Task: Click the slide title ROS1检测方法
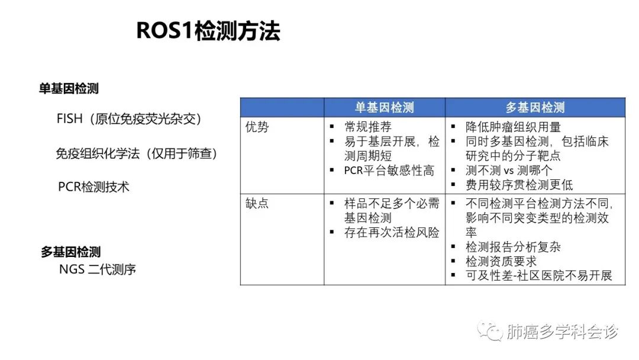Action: click(x=208, y=31)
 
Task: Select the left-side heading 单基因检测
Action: click(x=69, y=88)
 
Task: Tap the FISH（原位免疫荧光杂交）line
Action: click(x=129, y=118)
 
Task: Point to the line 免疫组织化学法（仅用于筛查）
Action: click(x=137, y=153)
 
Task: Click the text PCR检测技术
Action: click(x=93, y=187)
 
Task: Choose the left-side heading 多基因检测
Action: click(x=70, y=252)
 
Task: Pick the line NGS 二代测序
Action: click(x=98, y=269)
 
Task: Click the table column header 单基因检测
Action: click(x=385, y=108)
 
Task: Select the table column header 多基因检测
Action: click(x=535, y=108)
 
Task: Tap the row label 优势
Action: click(x=257, y=127)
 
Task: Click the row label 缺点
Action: click(x=257, y=203)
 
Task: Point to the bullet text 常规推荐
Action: click(x=367, y=127)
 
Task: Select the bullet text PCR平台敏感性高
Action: click(x=389, y=171)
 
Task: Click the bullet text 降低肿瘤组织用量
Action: click(x=513, y=127)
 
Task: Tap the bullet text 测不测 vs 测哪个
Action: click(x=509, y=171)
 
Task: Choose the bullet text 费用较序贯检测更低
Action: click(x=519, y=185)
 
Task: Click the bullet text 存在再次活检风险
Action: click(x=392, y=232)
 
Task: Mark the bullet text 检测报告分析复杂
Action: click(x=513, y=247)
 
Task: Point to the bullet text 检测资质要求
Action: click(x=501, y=261)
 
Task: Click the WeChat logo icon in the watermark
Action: click(x=490, y=331)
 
